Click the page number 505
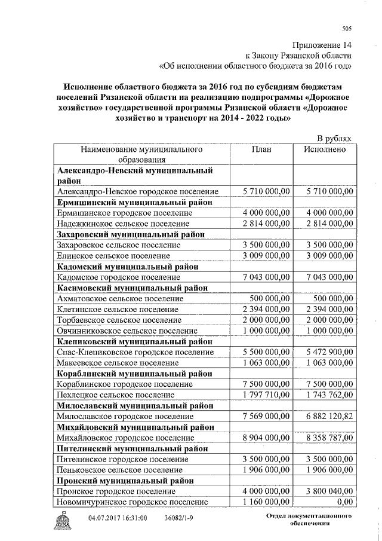point(347,28)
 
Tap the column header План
point(261,149)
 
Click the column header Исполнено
point(324,149)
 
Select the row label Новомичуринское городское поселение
point(133,502)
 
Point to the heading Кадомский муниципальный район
point(128,267)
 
